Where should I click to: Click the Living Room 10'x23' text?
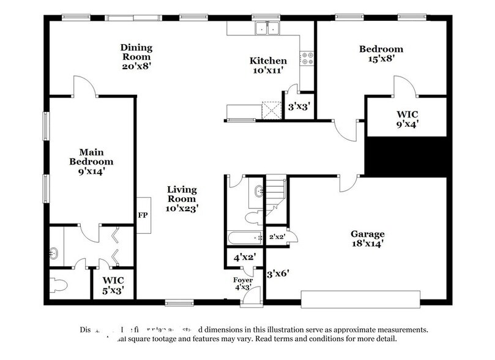point(182,198)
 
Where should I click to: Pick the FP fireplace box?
point(143,216)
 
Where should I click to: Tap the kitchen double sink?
point(268,28)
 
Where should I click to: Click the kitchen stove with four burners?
point(307,59)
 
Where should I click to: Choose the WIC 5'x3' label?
point(113,286)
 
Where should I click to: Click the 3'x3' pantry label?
point(299,107)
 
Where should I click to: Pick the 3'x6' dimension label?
point(277,275)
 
